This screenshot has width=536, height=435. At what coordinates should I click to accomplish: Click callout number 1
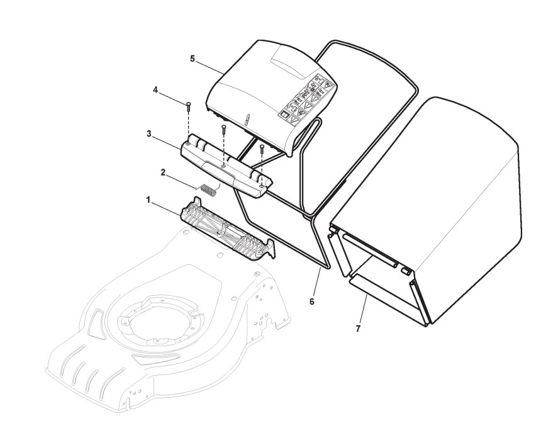[x=148, y=200]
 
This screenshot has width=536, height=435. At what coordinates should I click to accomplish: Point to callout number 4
[x=155, y=89]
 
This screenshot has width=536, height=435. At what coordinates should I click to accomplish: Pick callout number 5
[x=192, y=59]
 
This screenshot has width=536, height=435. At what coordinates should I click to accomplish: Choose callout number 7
[x=358, y=328]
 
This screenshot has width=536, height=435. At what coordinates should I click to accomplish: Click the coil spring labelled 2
[x=208, y=188]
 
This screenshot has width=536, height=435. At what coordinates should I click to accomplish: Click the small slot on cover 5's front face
[x=248, y=119]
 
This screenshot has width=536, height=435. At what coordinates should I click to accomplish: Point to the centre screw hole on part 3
[x=224, y=167]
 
